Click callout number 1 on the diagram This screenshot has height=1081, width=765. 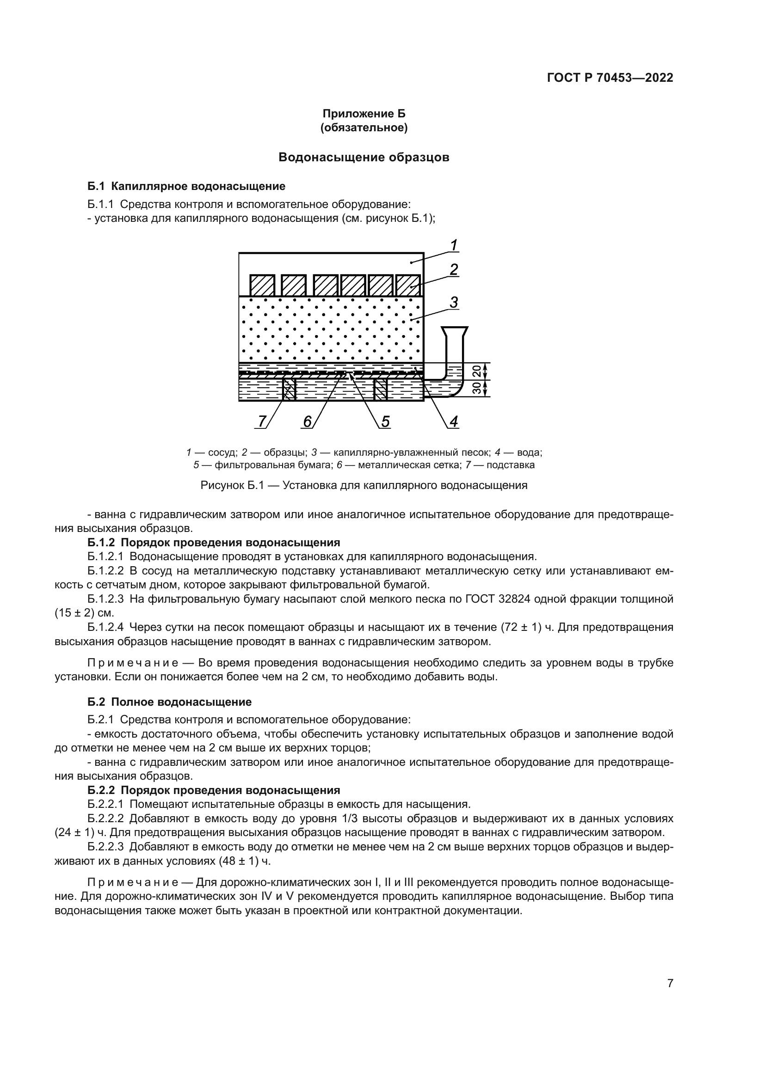pyautogui.click(x=454, y=245)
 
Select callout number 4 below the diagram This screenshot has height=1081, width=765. pyautogui.click(x=454, y=421)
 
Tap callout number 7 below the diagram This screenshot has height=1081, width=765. pyautogui.click(x=261, y=421)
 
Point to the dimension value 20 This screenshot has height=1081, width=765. pyautogui.click(x=476, y=371)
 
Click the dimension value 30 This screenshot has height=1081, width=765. pyautogui.click(x=476, y=388)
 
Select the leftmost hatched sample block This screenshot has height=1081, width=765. pyautogui.click(x=262, y=285)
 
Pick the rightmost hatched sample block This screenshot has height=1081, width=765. pyautogui.click(x=408, y=285)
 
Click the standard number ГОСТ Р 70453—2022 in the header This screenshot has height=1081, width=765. pyautogui.click(x=610, y=78)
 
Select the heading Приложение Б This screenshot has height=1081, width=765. pyautogui.click(x=364, y=114)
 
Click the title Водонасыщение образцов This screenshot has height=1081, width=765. pyautogui.click(x=364, y=157)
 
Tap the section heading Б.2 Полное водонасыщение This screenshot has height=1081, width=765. pyautogui.click(x=170, y=702)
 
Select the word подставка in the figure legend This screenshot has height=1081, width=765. pyautogui.click(x=511, y=465)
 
